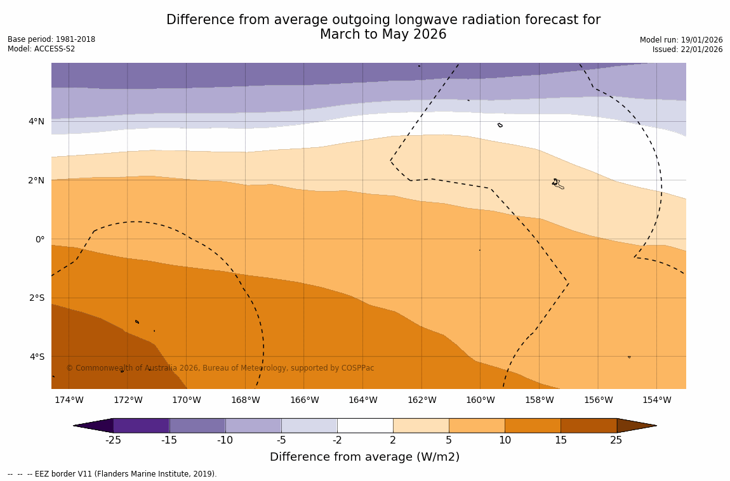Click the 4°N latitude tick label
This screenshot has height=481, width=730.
pos(36,121)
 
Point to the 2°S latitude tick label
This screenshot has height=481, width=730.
pos(36,298)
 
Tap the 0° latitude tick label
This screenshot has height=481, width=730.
pos(39,239)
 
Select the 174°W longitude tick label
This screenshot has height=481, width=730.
pos(69,400)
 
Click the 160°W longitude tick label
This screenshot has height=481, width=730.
pos(480,400)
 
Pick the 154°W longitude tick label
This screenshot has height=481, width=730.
pos(656,400)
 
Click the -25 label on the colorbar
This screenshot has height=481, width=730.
pos(113,440)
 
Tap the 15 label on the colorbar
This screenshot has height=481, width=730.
pos(561,440)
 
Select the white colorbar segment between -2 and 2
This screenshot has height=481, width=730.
pos(365,425)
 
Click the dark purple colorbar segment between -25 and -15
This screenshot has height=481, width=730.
pos(141,425)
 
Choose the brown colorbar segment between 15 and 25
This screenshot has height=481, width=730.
pos(588,425)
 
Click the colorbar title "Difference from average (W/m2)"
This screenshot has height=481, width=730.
pos(364,457)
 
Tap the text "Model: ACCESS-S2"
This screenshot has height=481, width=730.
pos(41,49)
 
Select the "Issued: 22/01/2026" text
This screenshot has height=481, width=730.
pos(687,49)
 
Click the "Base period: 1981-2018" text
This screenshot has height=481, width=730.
pos(51,39)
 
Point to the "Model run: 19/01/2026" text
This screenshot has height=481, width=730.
pos(681,40)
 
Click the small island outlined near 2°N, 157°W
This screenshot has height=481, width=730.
pos(557,183)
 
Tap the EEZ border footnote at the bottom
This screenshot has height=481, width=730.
pos(112,474)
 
